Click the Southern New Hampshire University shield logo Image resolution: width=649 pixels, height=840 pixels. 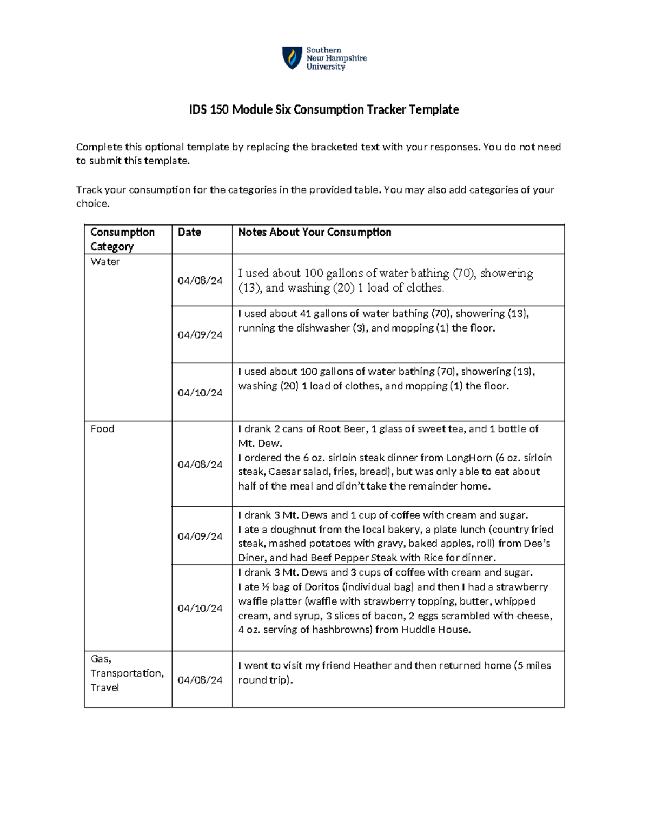(292, 57)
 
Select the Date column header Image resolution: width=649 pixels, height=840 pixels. (189, 232)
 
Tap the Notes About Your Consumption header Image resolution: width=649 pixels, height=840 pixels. (314, 232)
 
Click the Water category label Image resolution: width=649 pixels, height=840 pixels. (105, 262)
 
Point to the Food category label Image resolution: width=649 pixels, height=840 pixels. (102, 429)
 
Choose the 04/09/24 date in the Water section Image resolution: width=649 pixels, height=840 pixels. (200, 335)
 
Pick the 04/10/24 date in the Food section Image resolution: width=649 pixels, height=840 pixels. (200, 608)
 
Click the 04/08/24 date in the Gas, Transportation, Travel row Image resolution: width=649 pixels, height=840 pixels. (200, 680)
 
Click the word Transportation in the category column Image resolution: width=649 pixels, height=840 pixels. (127, 673)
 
